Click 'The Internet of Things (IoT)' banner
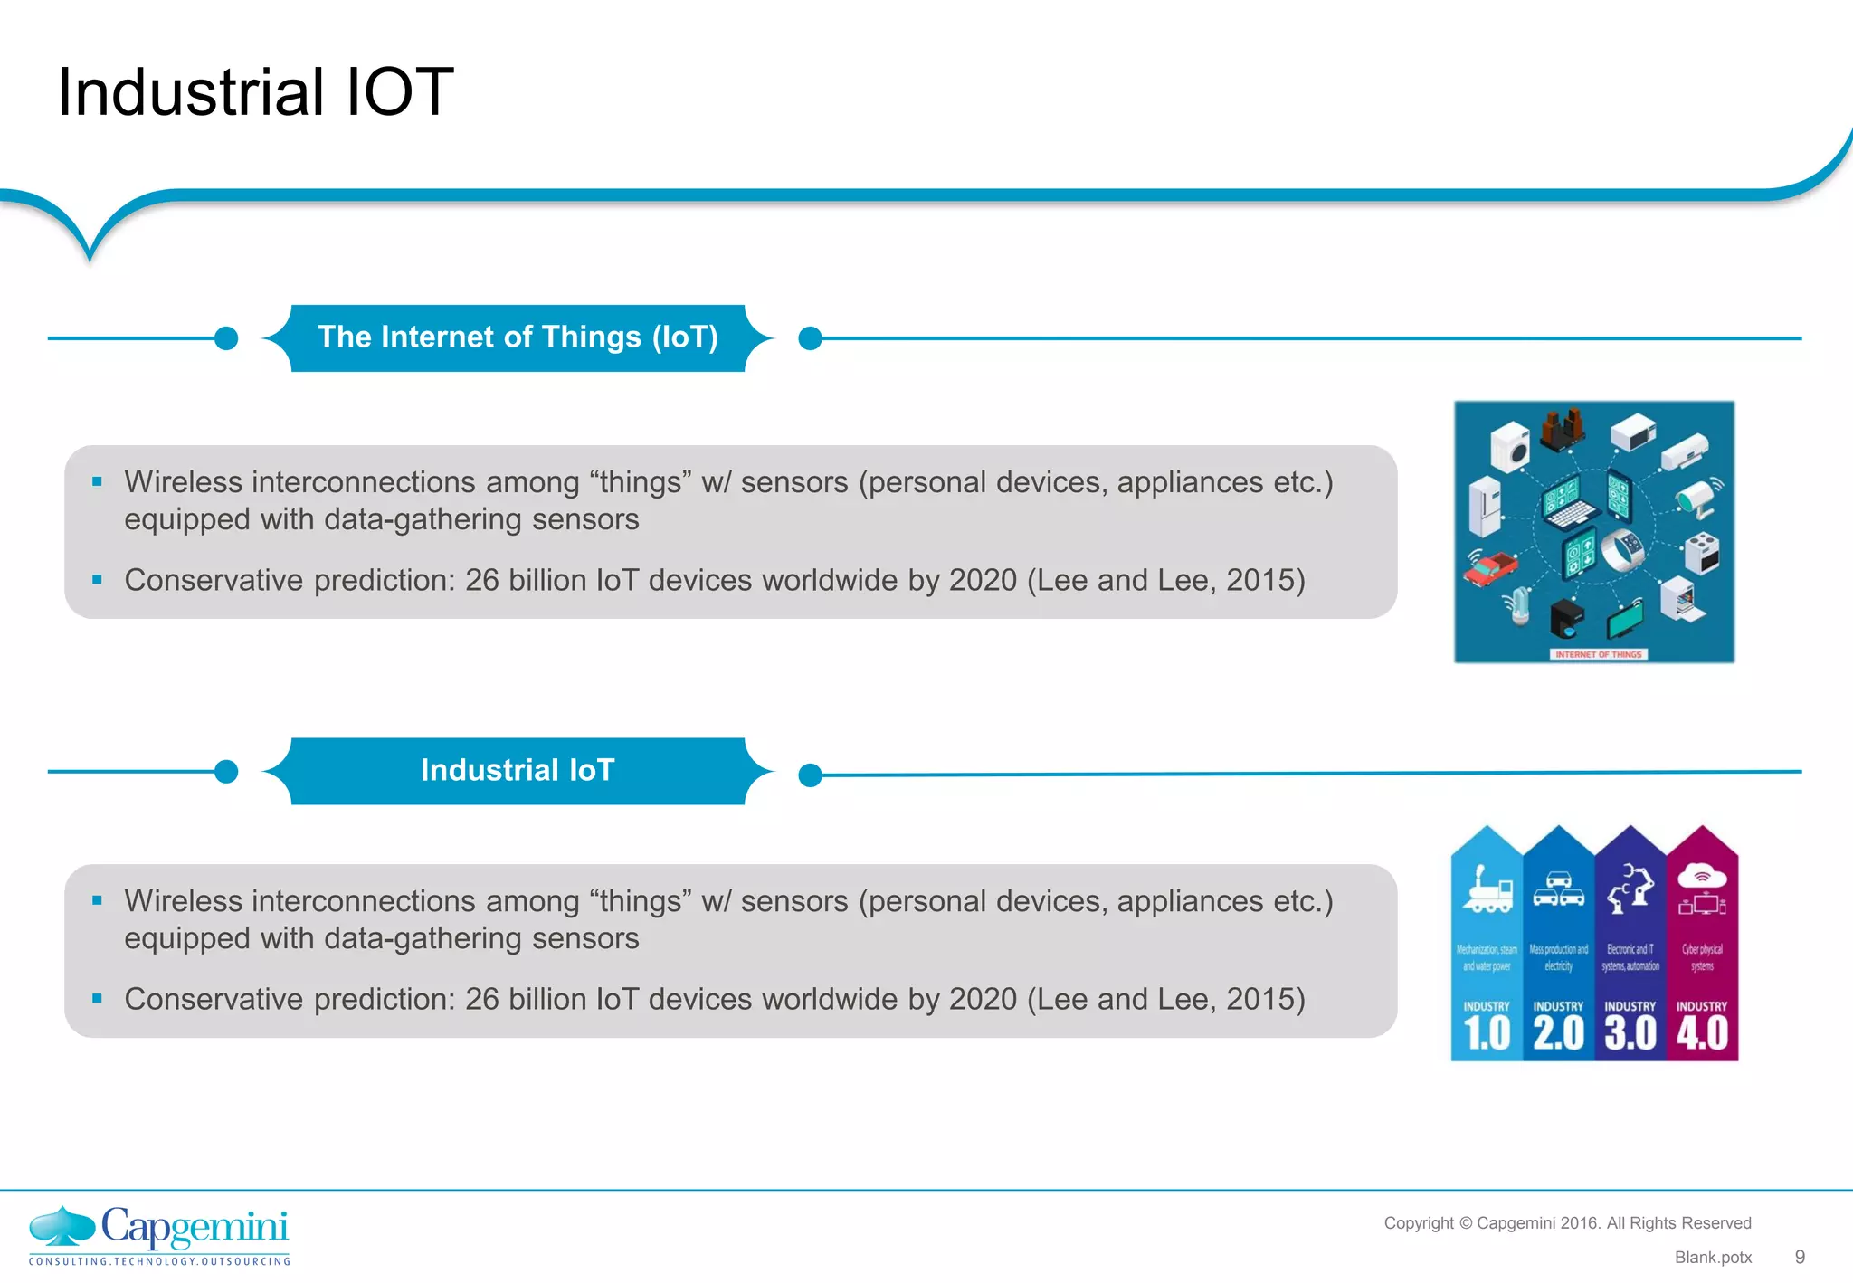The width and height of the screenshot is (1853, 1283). coord(518,337)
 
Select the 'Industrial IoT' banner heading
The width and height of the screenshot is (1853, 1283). coord(518,770)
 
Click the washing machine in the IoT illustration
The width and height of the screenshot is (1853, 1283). coord(1510,445)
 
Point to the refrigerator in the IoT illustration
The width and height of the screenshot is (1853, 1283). coord(1485,507)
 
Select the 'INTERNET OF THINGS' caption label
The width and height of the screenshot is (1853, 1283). coord(1598,654)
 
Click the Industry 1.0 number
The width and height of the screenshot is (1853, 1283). coord(1487,1033)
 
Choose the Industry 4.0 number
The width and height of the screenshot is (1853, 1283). coord(1702,1033)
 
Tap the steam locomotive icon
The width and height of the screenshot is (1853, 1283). coord(1487,889)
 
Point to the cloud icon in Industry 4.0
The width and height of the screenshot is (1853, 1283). coord(1702,876)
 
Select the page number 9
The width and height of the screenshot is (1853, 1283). coord(1800,1257)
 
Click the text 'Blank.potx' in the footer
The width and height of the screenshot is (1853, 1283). coord(1713,1258)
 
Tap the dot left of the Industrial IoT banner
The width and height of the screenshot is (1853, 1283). coord(226,771)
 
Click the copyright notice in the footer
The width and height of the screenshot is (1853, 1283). coord(1567,1223)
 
